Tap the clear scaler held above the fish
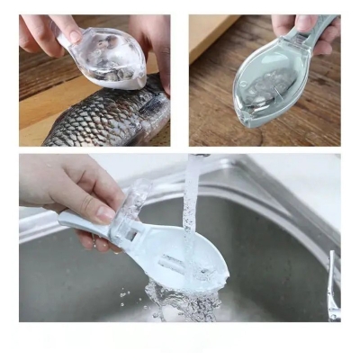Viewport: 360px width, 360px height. pos(112,59)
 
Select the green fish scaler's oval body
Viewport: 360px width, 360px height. pos(270,85)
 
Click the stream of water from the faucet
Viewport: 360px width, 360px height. pos(190,202)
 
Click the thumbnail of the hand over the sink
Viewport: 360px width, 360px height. pos(104,213)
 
